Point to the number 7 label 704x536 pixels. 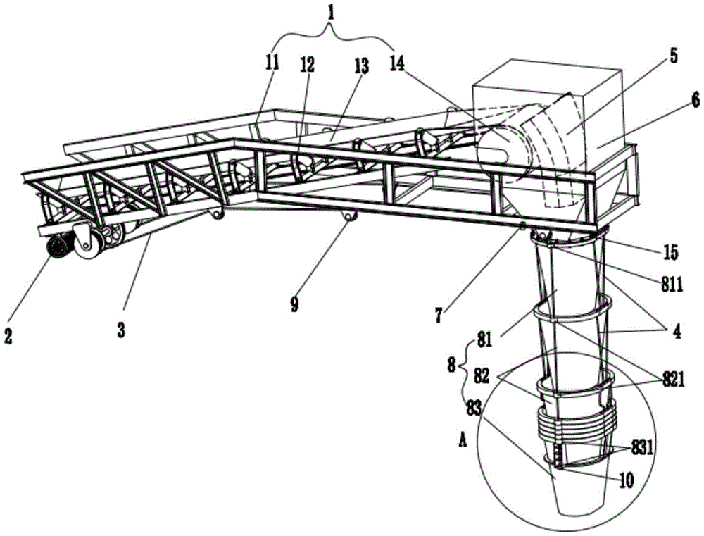click(x=438, y=314)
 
